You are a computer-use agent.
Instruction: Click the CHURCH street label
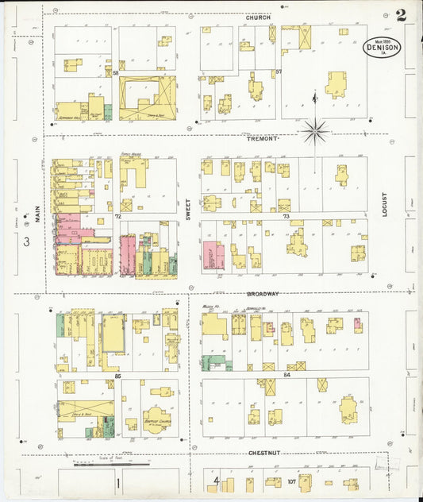258,17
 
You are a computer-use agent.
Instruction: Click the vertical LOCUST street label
383,204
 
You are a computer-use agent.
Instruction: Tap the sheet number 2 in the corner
402,14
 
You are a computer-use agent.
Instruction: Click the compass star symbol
315,129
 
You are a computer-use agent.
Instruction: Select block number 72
117,215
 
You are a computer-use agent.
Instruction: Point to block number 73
285,215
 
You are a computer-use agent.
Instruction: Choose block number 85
117,374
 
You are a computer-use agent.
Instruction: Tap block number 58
116,73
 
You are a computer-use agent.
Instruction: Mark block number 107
292,481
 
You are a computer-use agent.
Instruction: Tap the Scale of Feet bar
107,463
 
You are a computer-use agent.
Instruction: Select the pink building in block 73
213,256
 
